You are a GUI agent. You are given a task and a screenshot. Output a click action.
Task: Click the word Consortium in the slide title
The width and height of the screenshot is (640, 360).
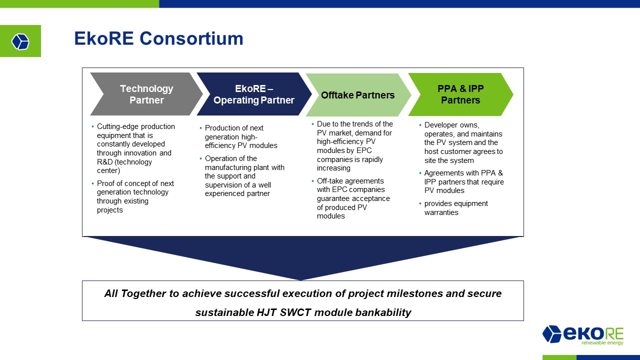191,38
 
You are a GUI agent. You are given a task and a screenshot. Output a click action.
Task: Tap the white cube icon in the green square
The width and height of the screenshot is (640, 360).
20,41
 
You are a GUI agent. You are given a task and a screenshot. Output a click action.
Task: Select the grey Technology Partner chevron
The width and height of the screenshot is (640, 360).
146,94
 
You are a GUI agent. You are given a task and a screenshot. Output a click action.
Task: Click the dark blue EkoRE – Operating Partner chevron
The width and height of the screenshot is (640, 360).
254,94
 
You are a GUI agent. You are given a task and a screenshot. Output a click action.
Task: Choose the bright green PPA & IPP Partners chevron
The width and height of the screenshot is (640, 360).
460,94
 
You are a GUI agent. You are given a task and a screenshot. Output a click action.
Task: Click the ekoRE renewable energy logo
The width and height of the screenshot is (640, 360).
583,335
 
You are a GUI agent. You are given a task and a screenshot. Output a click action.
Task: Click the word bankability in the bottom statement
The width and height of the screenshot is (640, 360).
383,312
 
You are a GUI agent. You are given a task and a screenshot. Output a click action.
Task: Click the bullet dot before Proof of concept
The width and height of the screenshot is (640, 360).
92,183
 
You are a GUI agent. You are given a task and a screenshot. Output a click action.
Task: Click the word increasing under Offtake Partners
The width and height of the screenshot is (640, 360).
333,168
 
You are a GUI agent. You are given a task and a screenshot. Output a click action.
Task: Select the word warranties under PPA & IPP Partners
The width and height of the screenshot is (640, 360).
441,212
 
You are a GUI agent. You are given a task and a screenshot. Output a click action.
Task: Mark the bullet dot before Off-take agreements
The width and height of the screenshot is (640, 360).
312,181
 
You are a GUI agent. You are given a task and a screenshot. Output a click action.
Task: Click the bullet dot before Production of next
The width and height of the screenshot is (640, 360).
200,128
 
